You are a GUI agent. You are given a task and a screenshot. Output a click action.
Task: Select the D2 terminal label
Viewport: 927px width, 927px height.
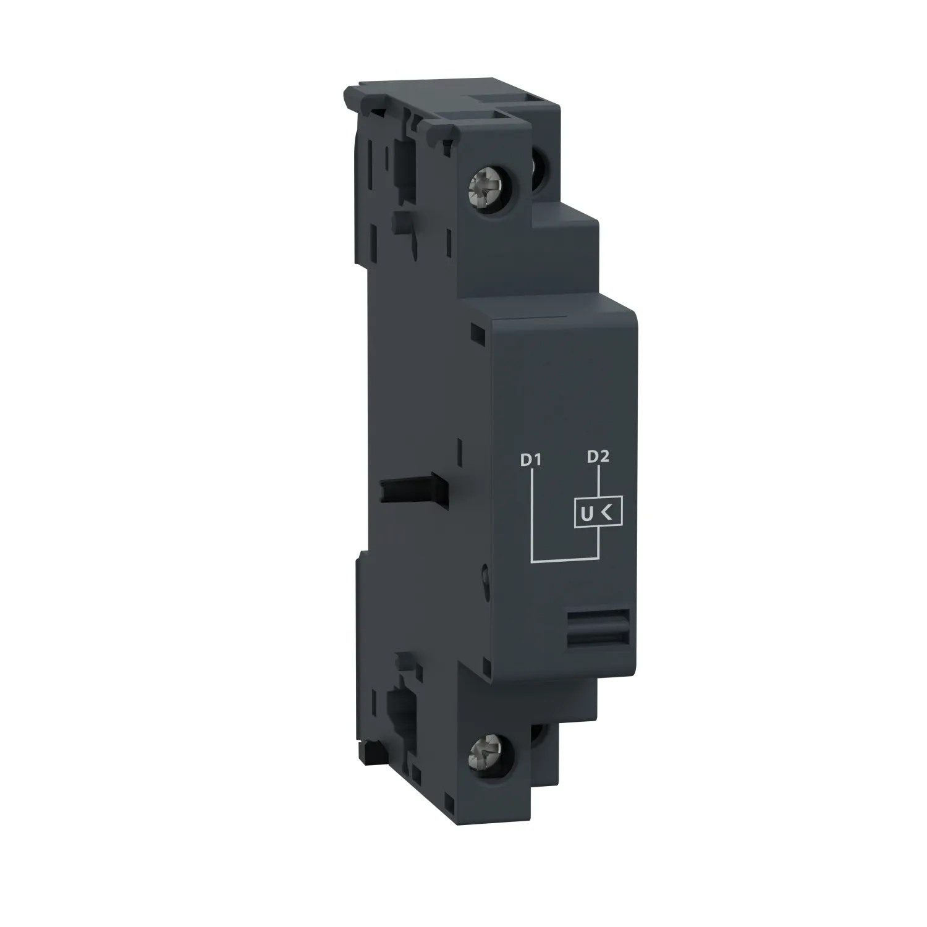[598, 457]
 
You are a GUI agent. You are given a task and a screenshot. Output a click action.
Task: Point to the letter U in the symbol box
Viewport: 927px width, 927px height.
[585, 514]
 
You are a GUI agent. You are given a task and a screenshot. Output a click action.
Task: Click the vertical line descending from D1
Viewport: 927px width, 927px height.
[531, 513]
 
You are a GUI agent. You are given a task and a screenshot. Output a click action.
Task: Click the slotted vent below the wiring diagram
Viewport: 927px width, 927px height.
[598, 627]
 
